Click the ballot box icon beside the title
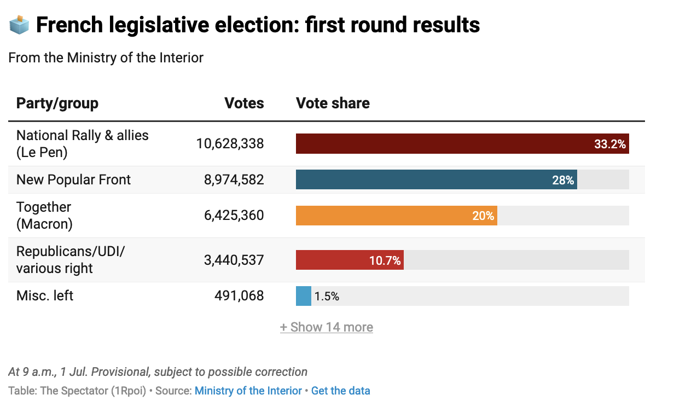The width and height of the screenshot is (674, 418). tap(19, 25)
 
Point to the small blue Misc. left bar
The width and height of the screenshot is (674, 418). tap(304, 296)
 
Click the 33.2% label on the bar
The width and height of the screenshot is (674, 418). tap(610, 144)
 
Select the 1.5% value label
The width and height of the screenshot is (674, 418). tap(327, 297)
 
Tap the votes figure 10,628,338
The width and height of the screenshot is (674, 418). tap(230, 144)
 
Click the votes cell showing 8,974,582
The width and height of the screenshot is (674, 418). tap(234, 180)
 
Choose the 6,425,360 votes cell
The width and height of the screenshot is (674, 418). tap(234, 216)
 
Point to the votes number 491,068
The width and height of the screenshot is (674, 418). tap(239, 296)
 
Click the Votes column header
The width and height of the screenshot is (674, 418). tap(244, 103)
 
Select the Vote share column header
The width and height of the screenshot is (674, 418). tap(333, 103)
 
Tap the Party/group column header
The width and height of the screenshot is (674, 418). tap(57, 103)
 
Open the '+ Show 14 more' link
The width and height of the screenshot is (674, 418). tap(327, 327)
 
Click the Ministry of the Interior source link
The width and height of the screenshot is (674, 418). tap(248, 391)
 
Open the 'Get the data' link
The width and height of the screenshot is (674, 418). tap(341, 391)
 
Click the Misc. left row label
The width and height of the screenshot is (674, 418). tap(45, 296)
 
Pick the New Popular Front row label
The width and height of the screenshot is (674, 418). tap(74, 180)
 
